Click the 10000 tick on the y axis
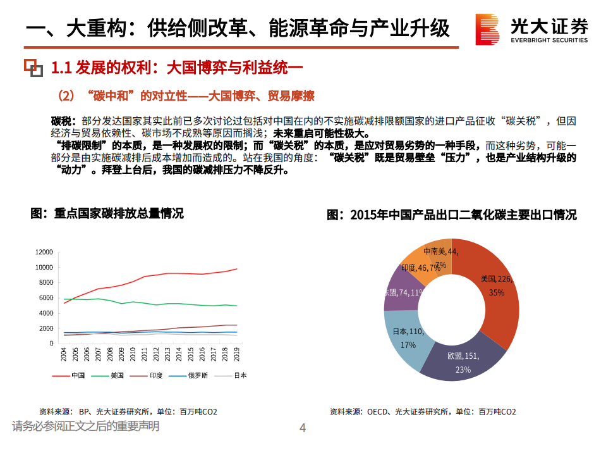44,267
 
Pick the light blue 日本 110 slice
404,339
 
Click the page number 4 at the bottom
302,428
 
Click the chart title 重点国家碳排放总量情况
107,214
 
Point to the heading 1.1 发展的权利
177,66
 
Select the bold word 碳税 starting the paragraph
63,120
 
